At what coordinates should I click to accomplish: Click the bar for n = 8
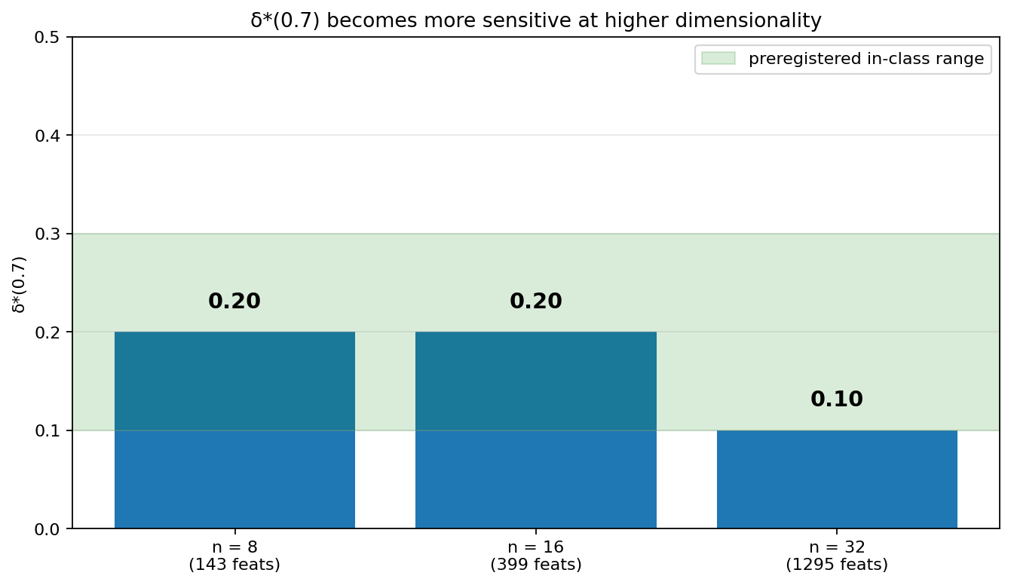[234, 430]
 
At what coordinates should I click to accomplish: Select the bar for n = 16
[536, 430]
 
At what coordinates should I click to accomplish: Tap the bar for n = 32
[838, 479]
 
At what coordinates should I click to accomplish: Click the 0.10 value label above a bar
[837, 399]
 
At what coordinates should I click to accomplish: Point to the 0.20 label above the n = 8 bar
[234, 301]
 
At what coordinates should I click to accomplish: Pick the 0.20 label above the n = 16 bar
[536, 301]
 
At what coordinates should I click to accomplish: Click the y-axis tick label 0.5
[47, 38]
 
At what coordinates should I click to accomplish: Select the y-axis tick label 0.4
[47, 136]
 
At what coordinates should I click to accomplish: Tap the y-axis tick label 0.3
[47, 234]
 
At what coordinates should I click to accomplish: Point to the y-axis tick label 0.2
[47, 332]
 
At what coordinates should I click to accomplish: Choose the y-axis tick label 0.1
[47, 430]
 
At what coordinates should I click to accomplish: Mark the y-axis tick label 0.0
[47, 529]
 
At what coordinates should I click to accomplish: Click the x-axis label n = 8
[234, 547]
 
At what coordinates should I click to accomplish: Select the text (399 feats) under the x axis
[536, 565]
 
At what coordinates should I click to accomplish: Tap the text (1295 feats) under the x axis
[837, 565]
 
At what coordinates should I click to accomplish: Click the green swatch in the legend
[718, 58]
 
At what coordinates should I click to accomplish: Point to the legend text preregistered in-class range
[866, 59]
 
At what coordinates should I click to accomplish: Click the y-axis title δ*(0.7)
[19, 284]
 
